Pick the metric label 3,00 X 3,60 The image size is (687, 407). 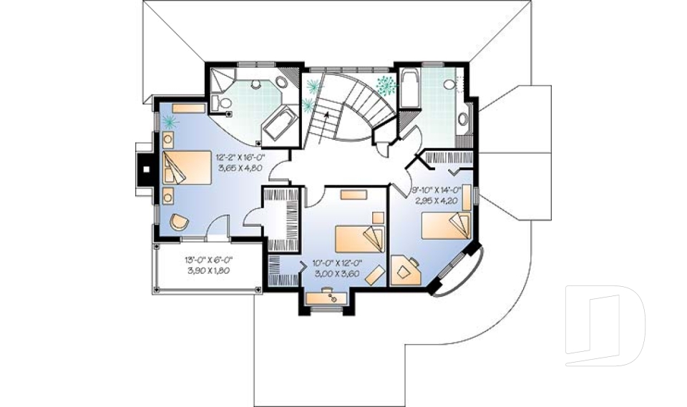338,273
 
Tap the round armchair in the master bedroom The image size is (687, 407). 179,222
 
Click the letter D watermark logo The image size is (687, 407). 605,325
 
